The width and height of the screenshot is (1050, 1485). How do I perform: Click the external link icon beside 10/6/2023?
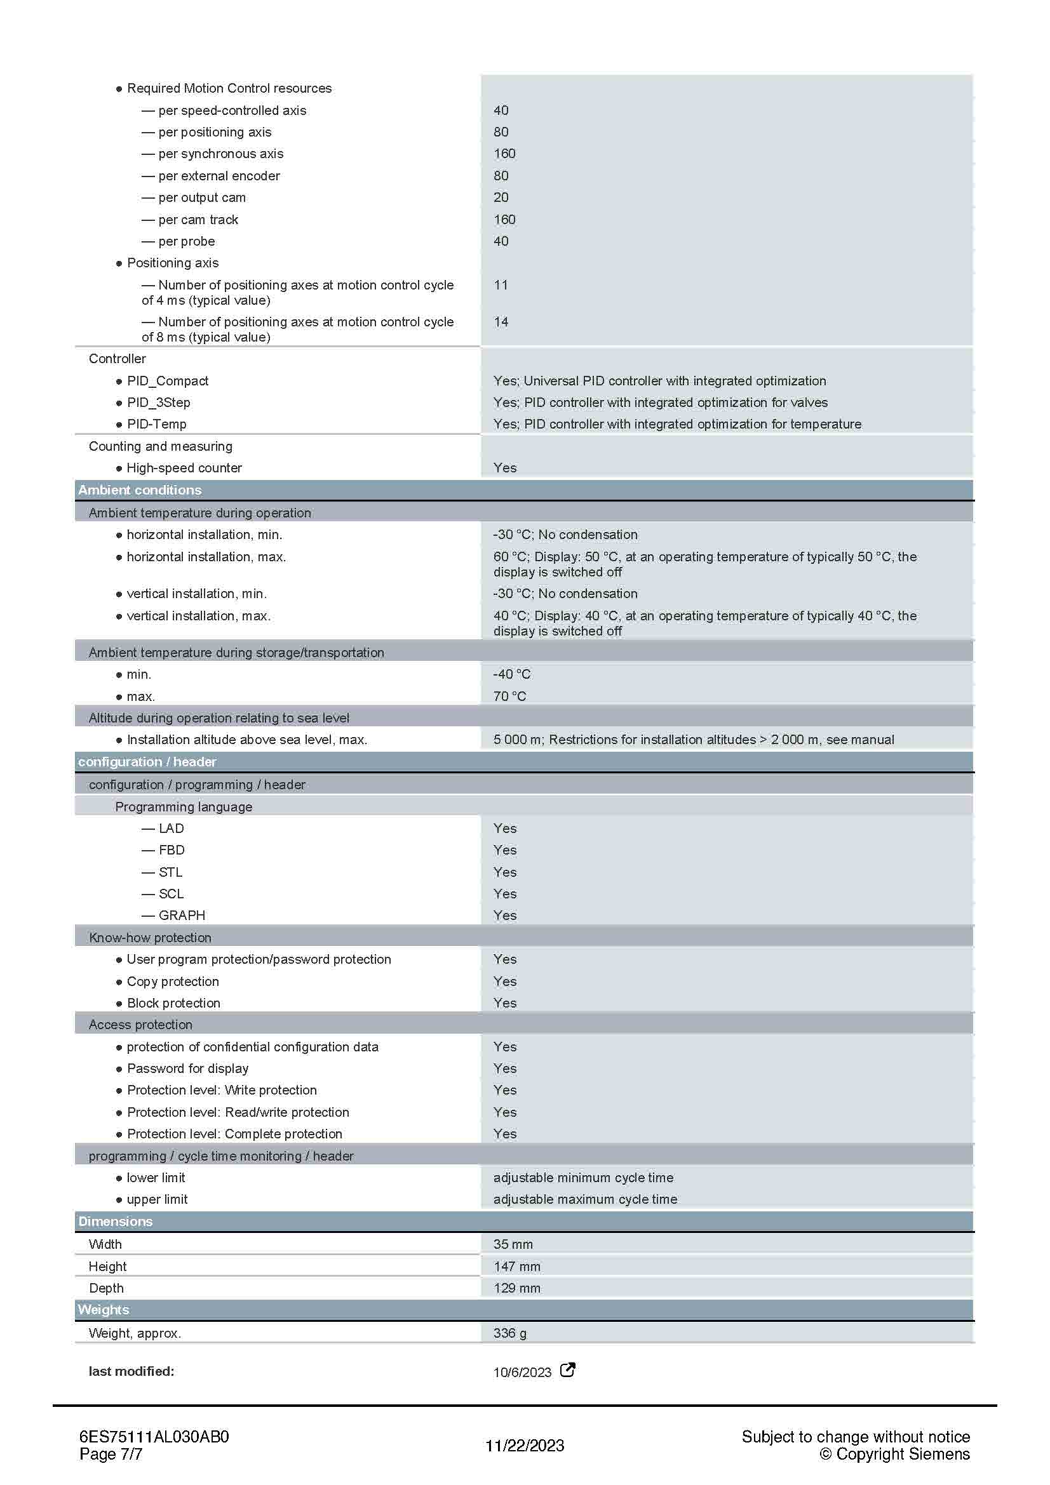pyautogui.click(x=567, y=1370)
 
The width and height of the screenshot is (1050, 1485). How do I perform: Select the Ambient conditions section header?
pyautogui.click(x=140, y=490)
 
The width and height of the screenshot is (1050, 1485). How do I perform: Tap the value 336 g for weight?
pyautogui.click(x=510, y=1333)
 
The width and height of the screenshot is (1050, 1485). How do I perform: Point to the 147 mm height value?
pyautogui.click(x=516, y=1267)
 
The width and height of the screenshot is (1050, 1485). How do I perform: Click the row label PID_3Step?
pyautogui.click(x=159, y=403)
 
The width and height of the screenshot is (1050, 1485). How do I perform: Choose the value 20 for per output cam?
pyautogui.click(x=501, y=197)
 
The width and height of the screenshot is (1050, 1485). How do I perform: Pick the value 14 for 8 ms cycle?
pyautogui.click(x=501, y=322)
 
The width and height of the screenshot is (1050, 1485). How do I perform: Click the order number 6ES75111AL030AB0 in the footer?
pyautogui.click(x=154, y=1437)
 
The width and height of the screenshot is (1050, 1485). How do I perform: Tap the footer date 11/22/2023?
pyautogui.click(x=525, y=1446)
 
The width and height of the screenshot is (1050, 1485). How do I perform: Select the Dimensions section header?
pyautogui.click(x=115, y=1221)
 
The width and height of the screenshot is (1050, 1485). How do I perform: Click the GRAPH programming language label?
pyautogui.click(x=182, y=916)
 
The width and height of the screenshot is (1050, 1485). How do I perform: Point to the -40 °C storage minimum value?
pyautogui.click(x=512, y=674)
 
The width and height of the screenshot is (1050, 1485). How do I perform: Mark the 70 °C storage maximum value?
pyautogui.click(x=510, y=696)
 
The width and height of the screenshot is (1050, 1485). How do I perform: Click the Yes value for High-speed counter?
pyautogui.click(x=504, y=468)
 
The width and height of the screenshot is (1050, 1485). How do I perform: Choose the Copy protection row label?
pyautogui.click(x=173, y=981)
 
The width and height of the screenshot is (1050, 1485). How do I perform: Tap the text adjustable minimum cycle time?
pyautogui.click(x=583, y=1177)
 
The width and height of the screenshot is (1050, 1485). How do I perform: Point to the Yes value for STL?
pyautogui.click(x=504, y=872)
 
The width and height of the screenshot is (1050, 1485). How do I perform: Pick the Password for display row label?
pyautogui.click(x=187, y=1069)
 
